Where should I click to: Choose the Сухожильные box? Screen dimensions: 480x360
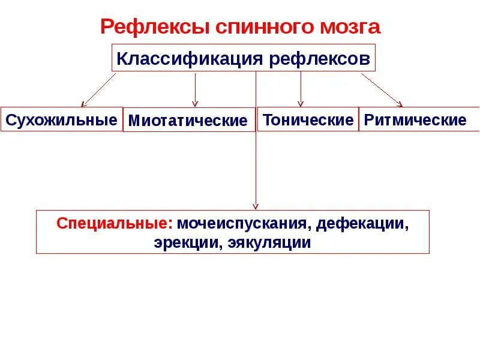[x=61, y=119]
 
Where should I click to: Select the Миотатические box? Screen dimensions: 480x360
[x=188, y=121]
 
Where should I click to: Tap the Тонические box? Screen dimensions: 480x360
[x=308, y=119]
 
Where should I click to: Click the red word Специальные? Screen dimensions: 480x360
[x=115, y=224]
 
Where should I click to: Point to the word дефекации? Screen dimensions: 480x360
[x=362, y=224]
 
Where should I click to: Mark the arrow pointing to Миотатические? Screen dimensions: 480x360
[x=195, y=90]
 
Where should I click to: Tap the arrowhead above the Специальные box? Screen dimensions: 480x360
[x=256, y=206]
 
